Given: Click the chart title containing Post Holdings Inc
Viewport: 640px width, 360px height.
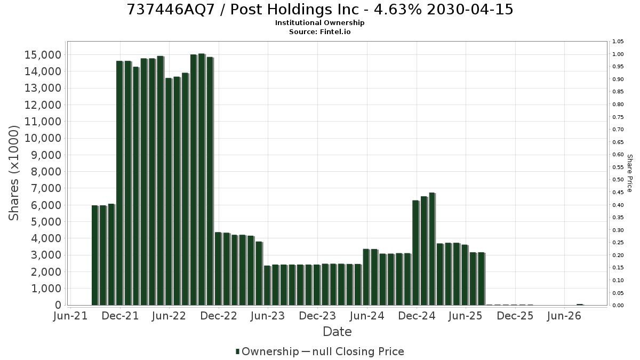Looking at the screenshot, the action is click(319, 10).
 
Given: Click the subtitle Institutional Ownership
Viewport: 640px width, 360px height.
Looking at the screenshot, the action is click(319, 23).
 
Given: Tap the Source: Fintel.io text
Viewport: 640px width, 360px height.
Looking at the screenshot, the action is click(319, 31).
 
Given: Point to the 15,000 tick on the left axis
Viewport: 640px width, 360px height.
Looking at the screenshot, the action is click(43, 55).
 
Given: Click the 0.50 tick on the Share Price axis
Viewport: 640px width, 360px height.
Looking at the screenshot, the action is click(618, 180).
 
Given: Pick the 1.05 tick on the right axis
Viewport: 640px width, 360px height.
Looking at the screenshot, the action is click(618, 42).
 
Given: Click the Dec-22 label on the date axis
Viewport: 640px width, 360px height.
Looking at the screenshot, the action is click(219, 316).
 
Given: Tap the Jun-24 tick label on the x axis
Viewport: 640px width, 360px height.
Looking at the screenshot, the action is click(367, 316).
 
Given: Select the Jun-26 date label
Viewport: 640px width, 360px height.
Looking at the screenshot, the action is click(564, 316).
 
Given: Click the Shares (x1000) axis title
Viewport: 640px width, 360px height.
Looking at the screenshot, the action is click(13, 173).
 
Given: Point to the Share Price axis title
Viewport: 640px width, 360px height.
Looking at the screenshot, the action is click(630, 173).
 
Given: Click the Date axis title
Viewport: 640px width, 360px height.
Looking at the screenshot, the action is click(337, 332).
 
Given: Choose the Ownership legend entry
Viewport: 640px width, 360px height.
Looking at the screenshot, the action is click(267, 351).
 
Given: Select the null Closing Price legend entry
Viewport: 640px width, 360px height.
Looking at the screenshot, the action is click(353, 351).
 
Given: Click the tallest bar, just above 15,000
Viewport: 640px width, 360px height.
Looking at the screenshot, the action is click(202, 179).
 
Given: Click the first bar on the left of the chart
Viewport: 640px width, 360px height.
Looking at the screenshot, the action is click(94, 255).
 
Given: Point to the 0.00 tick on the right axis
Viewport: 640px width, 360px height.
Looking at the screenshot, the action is click(618, 306).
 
